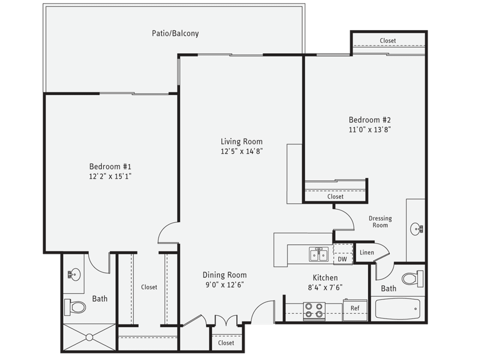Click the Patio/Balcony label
(175, 33)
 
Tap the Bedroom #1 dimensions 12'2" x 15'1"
(110, 176)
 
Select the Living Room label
(242, 141)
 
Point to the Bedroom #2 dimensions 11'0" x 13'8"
(370, 129)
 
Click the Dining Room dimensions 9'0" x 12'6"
(225, 285)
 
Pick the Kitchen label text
(325, 278)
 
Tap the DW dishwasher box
(342, 259)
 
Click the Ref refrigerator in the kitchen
(355, 308)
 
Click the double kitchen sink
(319, 255)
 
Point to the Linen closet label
(367, 252)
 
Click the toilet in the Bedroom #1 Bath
(76, 307)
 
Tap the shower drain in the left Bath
(89, 337)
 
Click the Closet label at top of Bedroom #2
(388, 41)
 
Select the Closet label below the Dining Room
(226, 343)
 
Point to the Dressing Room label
(380, 222)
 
